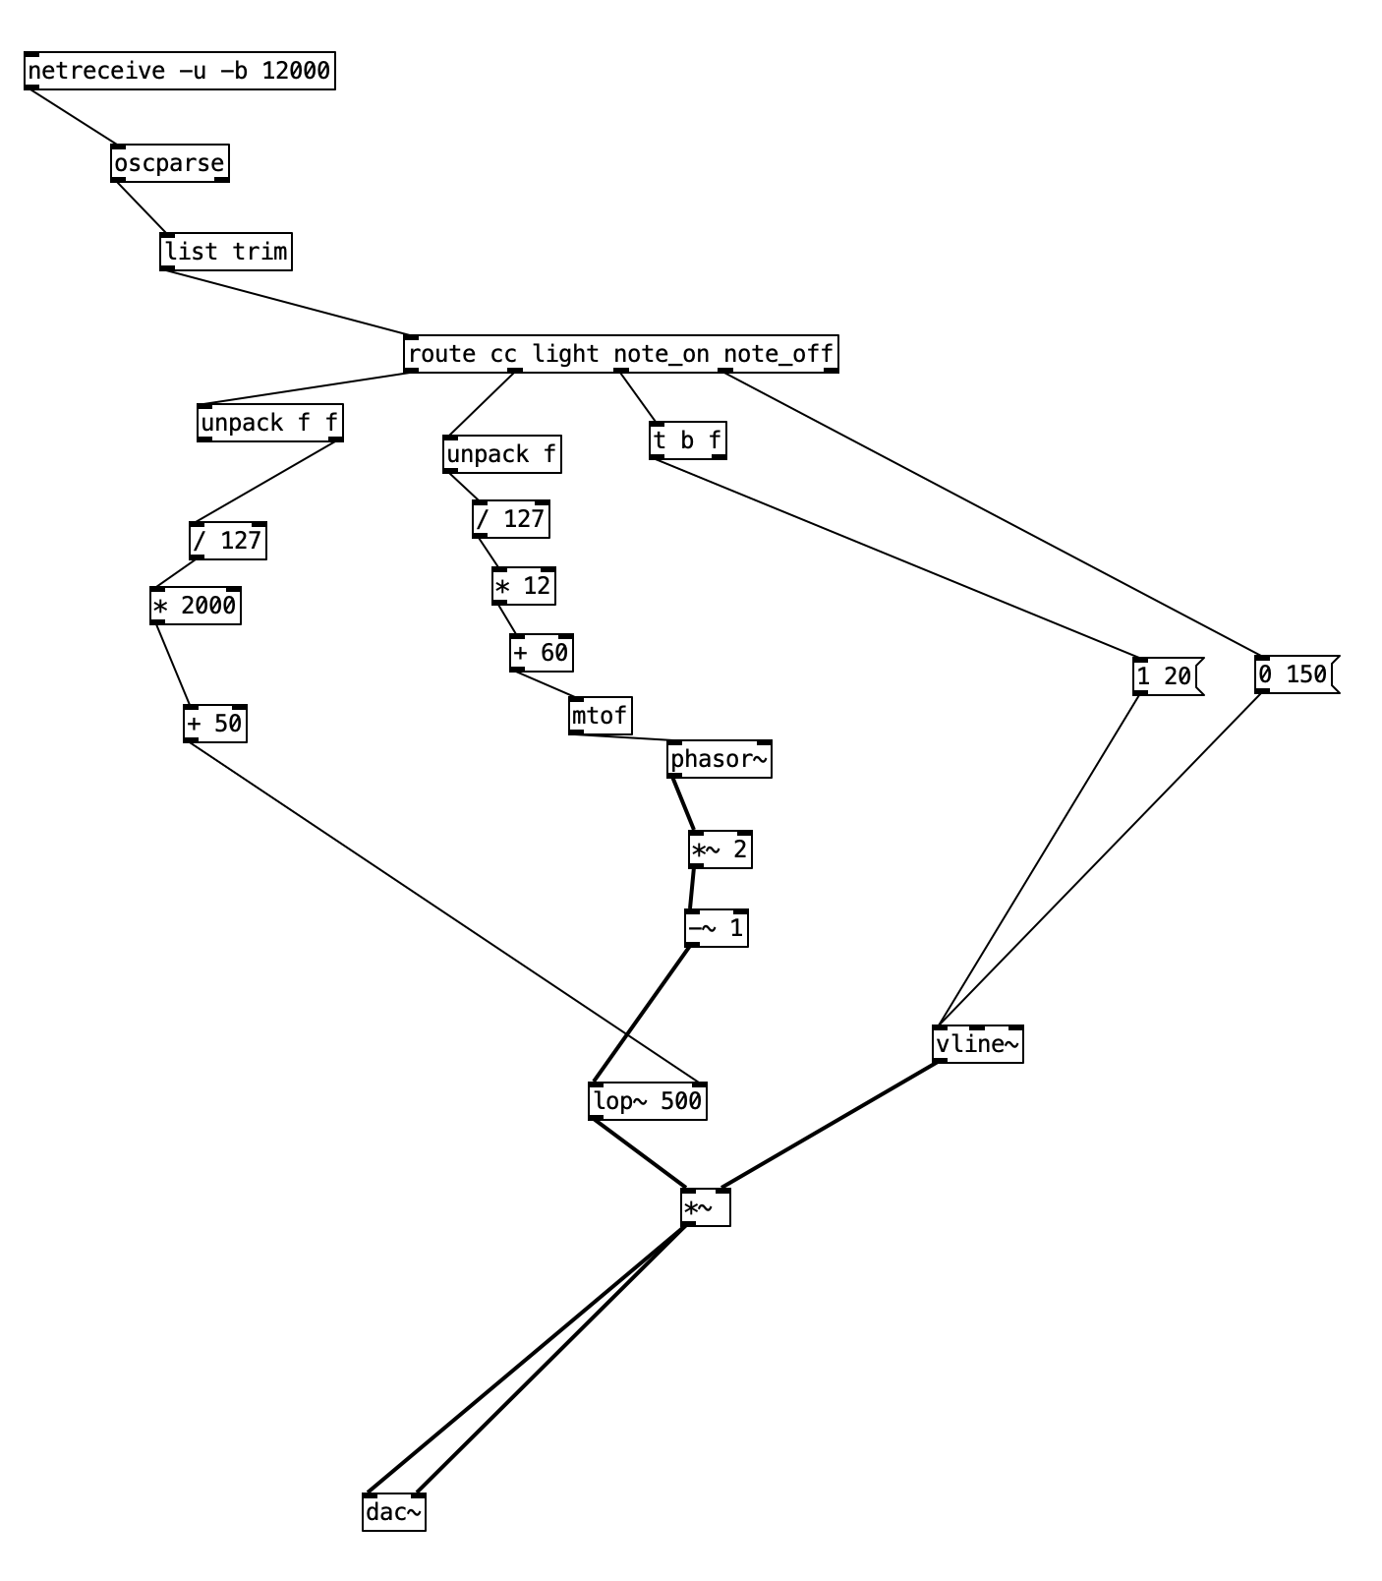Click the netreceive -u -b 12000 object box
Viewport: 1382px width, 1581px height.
(180, 71)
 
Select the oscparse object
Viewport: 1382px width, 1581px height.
(170, 163)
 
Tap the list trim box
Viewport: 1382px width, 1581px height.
(226, 252)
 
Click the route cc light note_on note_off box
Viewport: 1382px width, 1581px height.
(620, 354)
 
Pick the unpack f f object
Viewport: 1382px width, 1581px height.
(270, 423)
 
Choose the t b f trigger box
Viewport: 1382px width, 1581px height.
(688, 440)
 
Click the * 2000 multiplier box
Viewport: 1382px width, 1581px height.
(196, 606)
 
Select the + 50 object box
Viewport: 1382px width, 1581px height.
(215, 724)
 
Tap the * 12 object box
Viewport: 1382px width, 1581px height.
(524, 586)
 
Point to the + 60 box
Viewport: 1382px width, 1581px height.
(542, 653)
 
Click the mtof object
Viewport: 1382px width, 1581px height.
(601, 716)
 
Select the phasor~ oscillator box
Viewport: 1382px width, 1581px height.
(720, 759)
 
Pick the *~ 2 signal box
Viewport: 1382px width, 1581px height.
(720, 849)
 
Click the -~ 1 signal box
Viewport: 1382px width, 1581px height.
(717, 928)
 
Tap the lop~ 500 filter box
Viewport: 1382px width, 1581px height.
(648, 1101)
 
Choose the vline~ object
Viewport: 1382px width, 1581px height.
(978, 1044)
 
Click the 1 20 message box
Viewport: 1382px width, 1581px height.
(1166, 676)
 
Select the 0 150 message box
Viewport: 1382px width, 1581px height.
(1295, 674)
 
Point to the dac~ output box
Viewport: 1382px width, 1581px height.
(394, 1512)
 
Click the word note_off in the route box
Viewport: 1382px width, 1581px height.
(778, 354)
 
